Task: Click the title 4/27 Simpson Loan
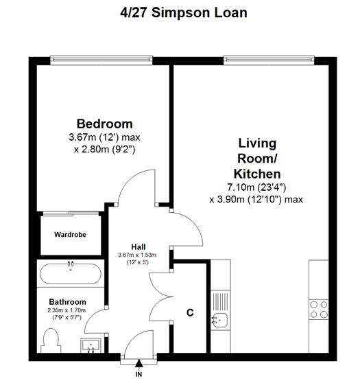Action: click(x=184, y=12)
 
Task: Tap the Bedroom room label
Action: click(x=105, y=124)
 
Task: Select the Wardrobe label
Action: click(x=70, y=235)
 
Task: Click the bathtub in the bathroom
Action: click(x=71, y=273)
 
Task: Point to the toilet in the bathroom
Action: click(x=51, y=340)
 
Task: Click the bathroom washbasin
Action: click(x=91, y=345)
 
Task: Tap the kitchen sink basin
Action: click(x=219, y=321)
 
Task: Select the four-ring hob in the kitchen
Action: click(x=319, y=310)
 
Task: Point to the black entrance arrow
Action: click(x=139, y=363)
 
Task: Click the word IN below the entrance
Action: click(x=139, y=374)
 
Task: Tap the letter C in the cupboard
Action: click(x=190, y=312)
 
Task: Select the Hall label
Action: click(x=139, y=247)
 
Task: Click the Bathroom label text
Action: click(x=67, y=302)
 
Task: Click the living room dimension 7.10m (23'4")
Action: click(x=256, y=187)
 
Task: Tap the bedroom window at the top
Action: click(x=101, y=60)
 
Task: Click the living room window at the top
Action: click(x=269, y=60)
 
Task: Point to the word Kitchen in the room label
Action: click(x=257, y=174)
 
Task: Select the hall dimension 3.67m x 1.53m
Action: click(x=137, y=255)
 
